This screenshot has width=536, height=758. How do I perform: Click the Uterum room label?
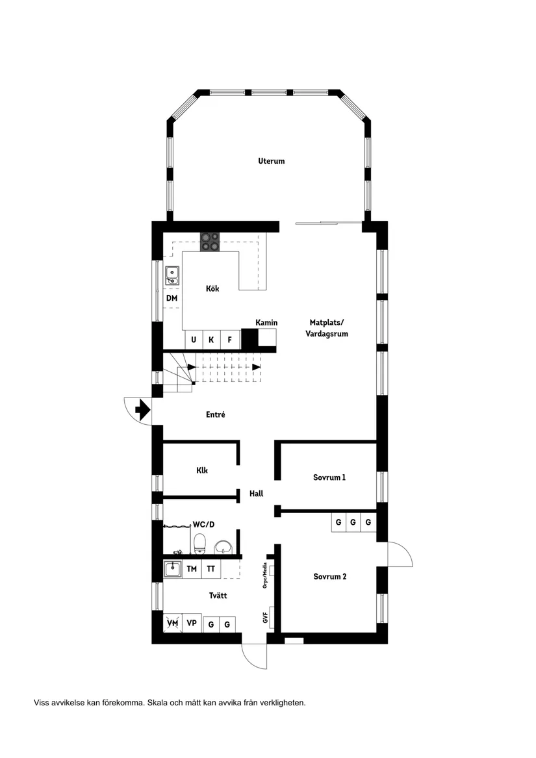pyautogui.click(x=271, y=161)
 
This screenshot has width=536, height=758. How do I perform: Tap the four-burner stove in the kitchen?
pyautogui.click(x=210, y=242)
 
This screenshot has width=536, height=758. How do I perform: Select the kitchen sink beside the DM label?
pyautogui.click(x=172, y=276)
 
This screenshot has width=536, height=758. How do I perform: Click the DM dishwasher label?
pyautogui.click(x=172, y=298)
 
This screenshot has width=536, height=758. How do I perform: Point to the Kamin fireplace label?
pyautogui.click(x=266, y=322)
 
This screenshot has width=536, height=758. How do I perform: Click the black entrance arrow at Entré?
pyautogui.click(x=142, y=409)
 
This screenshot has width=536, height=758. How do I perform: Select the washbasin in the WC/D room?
pyautogui.click(x=223, y=547)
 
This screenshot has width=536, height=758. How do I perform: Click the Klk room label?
pyautogui.click(x=202, y=471)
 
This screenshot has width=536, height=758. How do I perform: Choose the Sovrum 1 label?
pyautogui.click(x=329, y=477)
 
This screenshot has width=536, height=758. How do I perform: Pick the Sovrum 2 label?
pyautogui.click(x=329, y=576)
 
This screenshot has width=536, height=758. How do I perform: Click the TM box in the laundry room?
pyautogui.click(x=192, y=569)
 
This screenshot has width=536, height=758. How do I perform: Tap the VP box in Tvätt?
pyautogui.click(x=192, y=623)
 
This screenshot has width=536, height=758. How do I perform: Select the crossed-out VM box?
pyautogui.click(x=172, y=623)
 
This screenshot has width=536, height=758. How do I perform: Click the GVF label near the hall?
pyautogui.click(x=266, y=617)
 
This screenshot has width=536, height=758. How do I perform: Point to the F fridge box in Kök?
pyautogui.click(x=229, y=339)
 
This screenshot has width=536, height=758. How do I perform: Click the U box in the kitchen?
pyautogui.click(x=193, y=339)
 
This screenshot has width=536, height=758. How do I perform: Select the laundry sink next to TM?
pyautogui.click(x=172, y=569)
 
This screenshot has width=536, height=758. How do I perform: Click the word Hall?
pyautogui.click(x=256, y=494)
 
